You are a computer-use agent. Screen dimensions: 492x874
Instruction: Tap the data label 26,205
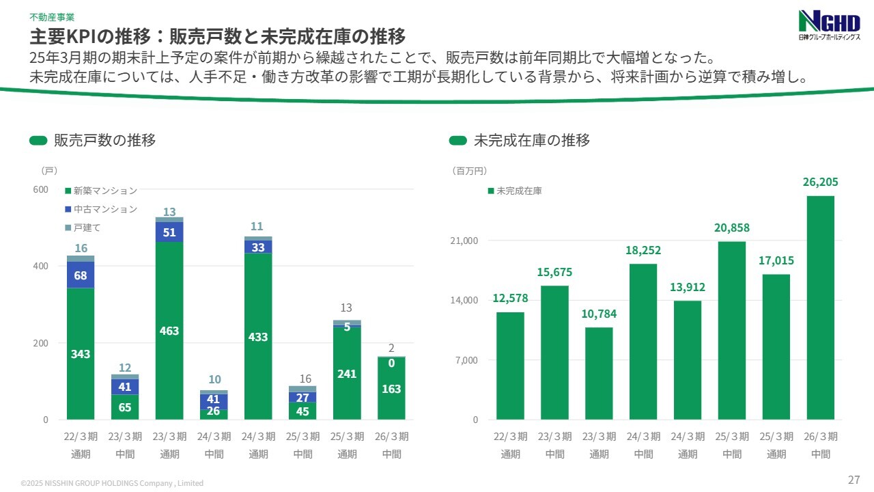point(820,182)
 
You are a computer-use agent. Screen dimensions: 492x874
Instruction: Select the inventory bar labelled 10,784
point(599,373)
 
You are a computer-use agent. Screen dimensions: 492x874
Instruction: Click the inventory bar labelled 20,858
point(732,330)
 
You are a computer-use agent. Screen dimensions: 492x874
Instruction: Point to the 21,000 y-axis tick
point(465,241)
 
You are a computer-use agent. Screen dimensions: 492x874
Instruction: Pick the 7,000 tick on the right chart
point(467,360)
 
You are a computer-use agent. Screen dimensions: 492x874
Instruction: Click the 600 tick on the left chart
point(41,189)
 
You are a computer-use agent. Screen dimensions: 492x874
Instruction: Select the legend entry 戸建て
point(87,228)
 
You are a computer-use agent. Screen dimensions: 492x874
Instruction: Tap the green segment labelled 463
point(169,331)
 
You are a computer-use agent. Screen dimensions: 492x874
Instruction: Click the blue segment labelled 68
point(81,275)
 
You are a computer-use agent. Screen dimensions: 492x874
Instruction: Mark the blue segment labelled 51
point(169,232)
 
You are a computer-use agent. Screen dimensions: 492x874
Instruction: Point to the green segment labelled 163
point(391,389)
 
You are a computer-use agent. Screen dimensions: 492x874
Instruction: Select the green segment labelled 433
point(258,336)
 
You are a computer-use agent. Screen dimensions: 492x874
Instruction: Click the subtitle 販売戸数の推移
point(104,141)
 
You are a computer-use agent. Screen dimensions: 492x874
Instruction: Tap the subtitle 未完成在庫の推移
point(531,141)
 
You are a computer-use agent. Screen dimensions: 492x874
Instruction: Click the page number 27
point(854,479)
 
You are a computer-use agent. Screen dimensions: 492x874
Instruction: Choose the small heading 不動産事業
point(52,16)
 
